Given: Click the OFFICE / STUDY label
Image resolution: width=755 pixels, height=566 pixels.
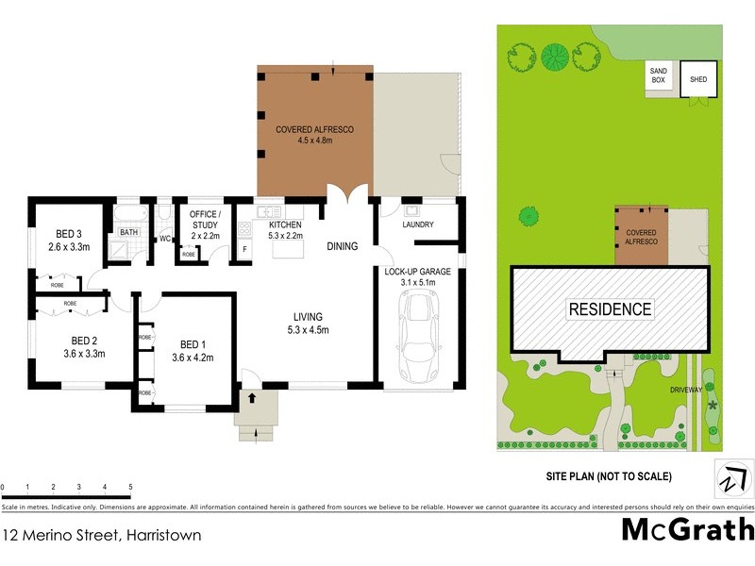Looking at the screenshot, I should [204, 219].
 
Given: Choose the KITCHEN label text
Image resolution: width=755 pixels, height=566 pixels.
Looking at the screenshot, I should [284, 224].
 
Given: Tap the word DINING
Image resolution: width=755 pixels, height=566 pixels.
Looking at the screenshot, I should [343, 246].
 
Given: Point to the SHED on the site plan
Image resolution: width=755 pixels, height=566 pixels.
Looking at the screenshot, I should [699, 79].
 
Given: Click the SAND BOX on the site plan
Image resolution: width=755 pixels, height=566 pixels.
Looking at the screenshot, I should [658, 75].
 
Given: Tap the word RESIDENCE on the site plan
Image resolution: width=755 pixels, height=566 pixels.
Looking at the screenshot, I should [609, 308].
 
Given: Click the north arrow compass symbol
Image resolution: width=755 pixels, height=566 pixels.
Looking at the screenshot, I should [731, 477].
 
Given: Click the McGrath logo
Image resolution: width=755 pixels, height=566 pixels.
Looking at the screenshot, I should [687, 529].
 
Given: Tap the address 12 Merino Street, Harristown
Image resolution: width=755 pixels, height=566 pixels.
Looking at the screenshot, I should [101, 535].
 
